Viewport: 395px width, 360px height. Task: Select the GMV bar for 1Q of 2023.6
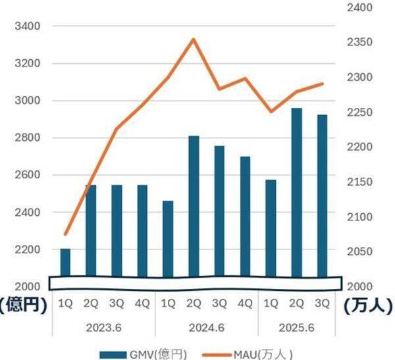[65, 263]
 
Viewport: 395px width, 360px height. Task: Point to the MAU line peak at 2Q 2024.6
[194, 39]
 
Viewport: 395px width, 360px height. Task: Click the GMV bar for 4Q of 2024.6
[245, 217]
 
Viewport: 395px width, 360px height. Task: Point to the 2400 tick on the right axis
[360, 8]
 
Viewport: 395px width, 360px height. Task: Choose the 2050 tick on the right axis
[360, 252]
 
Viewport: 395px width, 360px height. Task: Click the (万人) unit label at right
[369, 305]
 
